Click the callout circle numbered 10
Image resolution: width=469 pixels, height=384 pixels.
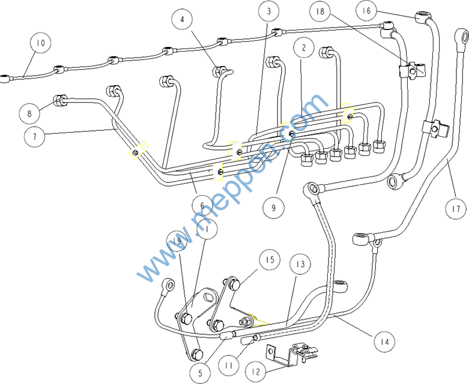click(x=40, y=44)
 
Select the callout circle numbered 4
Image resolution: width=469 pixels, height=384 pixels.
click(x=182, y=19)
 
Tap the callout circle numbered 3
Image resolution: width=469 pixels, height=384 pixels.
click(x=269, y=11)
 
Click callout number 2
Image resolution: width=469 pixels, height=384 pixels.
click(x=304, y=47)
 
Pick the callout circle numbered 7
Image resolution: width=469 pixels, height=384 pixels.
click(x=35, y=137)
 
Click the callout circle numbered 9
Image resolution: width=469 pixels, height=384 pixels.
click(x=273, y=208)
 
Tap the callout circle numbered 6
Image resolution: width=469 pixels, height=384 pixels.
click(x=202, y=206)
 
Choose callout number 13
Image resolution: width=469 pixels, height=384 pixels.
click(x=300, y=264)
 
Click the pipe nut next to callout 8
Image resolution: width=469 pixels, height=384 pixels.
click(x=61, y=100)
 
